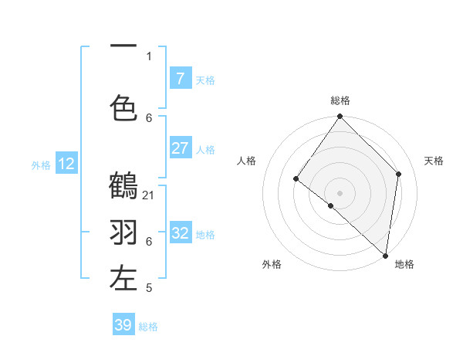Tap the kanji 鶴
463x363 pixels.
[x=123, y=186]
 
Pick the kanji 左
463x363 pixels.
[x=123, y=279]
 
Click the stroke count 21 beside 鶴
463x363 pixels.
[x=149, y=195]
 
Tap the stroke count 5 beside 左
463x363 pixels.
[x=149, y=288]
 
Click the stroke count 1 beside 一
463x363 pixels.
[x=149, y=56]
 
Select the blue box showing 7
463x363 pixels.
[x=181, y=78]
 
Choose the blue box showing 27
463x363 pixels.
[x=181, y=148]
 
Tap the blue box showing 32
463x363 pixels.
[x=181, y=232]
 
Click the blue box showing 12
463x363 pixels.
[x=66, y=163]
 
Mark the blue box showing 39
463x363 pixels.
[x=123, y=325]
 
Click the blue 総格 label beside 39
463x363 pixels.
[x=148, y=327]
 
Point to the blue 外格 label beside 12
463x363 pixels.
[x=41, y=165]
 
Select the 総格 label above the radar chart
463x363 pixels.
[x=340, y=100]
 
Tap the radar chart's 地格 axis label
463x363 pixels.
[x=404, y=265]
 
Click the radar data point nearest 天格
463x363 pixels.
[x=399, y=174]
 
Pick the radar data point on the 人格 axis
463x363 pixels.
[x=296, y=179]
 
